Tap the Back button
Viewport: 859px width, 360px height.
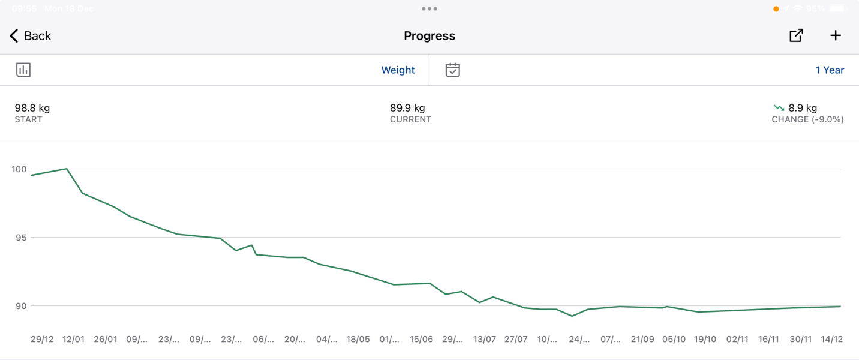(31, 36)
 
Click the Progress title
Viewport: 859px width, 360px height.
(429, 36)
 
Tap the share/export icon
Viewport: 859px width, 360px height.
(796, 36)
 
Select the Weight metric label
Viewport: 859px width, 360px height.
(398, 70)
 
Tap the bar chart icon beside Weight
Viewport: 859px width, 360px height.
(23, 70)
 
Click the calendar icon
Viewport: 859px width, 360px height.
(453, 70)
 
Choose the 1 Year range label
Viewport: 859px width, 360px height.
(830, 70)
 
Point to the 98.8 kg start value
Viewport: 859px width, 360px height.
(32, 108)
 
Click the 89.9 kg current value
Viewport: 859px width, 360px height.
(407, 108)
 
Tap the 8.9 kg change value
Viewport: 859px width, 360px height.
(803, 108)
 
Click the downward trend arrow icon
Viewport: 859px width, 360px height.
(779, 108)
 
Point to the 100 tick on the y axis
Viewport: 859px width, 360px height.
(19, 169)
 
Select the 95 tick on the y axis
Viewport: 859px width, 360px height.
(21, 238)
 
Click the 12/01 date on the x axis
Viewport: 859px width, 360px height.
(74, 340)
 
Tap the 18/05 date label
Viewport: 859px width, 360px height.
(358, 340)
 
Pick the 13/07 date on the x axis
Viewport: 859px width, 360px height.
(484, 340)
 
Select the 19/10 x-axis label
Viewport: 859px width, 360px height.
(705, 340)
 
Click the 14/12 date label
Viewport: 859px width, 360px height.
(831, 340)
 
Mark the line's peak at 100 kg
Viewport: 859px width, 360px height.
(67, 169)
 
